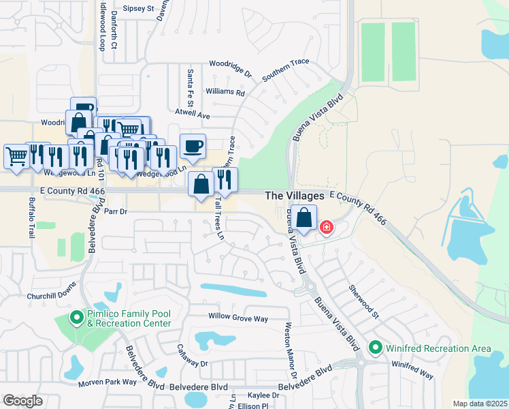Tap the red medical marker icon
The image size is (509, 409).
(x=327, y=227)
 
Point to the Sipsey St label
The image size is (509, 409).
(x=139, y=10)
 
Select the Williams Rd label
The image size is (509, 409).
(x=228, y=91)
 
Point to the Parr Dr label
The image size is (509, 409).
(x=114, y=212)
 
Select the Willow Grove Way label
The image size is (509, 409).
(x=238, y=318)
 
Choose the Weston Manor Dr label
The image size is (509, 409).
(x=291, y=350)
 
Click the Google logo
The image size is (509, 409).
(x=22, y=400)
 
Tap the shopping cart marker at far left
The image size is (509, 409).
(x=16, y=155)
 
